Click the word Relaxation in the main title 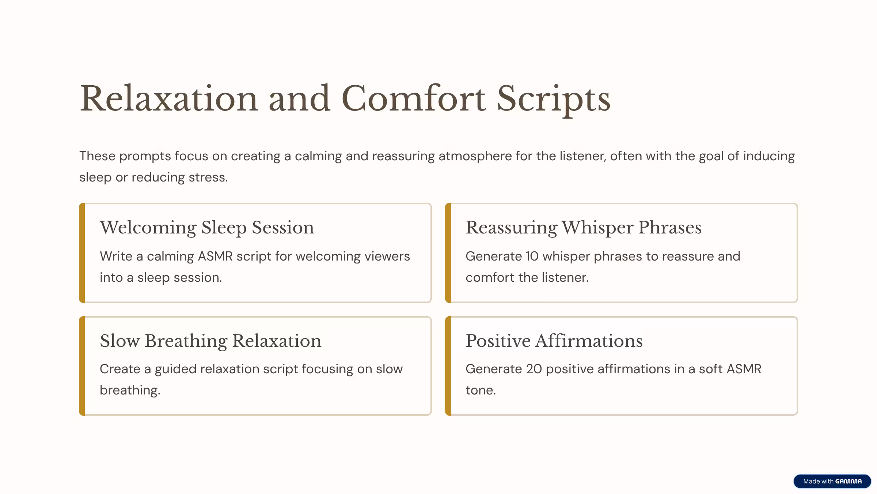pos(169,98)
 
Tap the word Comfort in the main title pos(413,98)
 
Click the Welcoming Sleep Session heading pos(207,228)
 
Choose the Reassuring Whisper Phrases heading pos(584,228)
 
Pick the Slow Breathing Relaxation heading pos(210,341)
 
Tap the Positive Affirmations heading pos(554,341)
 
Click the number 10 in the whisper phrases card pos(532,256)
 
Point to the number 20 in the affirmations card pos(534,369)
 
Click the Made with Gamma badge pos(832,481)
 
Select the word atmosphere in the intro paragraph pos(475,156)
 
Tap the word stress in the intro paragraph pos(208,177)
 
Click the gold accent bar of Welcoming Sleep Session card pos(82,253)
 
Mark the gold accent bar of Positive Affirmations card pos(448,366)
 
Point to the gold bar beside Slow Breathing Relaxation pos(82,366)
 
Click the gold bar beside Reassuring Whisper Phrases pos(448,253)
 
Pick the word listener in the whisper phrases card pos(565,277)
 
